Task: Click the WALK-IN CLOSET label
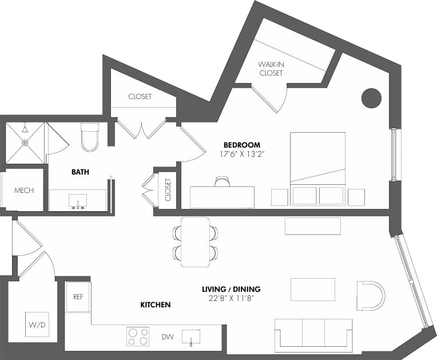[271, 69]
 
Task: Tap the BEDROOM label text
[242, 145]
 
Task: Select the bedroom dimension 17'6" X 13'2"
[242, 154]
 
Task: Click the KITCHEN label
[156, 305]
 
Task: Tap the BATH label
[80, 172]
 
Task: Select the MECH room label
[23, 191]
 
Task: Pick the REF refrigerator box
[78, 297]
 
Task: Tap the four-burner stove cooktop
[137, 337]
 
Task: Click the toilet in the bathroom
[90, 137]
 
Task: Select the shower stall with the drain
[25, 142]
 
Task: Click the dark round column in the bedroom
[371, 98]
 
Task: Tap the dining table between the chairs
[196, 242]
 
